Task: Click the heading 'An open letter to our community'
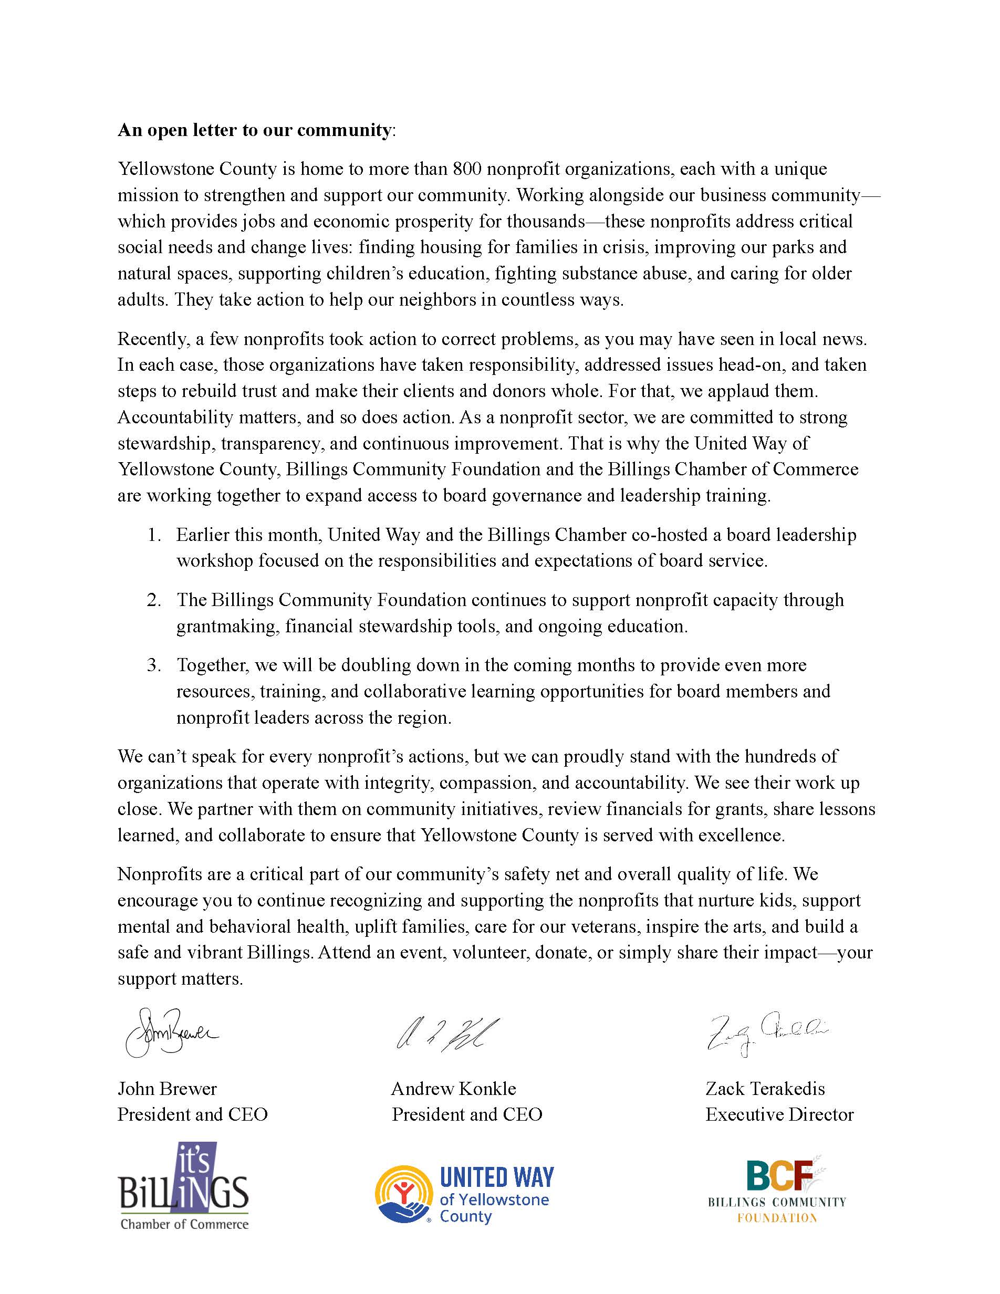click(255, 130)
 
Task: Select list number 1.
click(154, 535)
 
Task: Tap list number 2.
click(154, 600)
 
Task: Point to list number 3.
click(154, 665)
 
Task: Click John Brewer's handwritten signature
click(171, 1035)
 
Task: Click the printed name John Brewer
click(167, 1089)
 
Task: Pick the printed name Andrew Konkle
click(454, 1089)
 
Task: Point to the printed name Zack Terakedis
click(765, 1089)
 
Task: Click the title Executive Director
click(779, 1114)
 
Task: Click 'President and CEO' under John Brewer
click(193, 1114)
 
